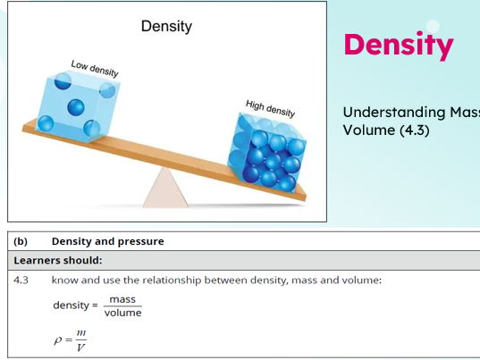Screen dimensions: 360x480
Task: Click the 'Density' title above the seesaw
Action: pyautogui.click(x=165, y=26)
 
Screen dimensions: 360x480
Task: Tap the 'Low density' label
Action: pyautogui.click(x=95, y=67)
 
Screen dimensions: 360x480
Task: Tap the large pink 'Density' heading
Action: pyautogui.click(x=398, y=45)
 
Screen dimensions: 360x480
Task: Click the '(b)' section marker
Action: pyautogui.click(x=21, y=241)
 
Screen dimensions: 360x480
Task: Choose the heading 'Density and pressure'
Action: pyautogui.click(x=107, y=241)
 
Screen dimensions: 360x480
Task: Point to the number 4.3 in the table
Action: pyautogui.click(x=21, y=280)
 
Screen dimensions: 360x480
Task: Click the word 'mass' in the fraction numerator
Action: pyautogui.click(x=122, y=299)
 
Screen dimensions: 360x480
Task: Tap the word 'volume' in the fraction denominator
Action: pyautogui.click(x=122, y=313)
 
